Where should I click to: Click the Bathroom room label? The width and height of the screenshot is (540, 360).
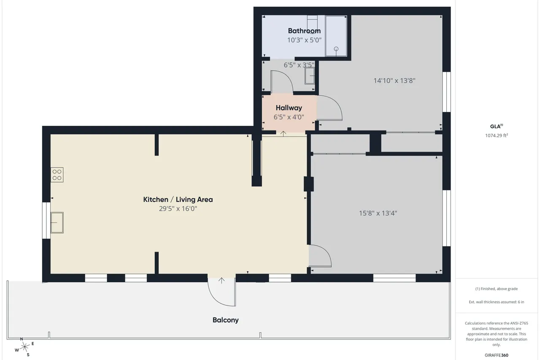tap(304, 31)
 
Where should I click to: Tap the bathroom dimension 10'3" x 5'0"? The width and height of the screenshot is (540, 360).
tap(304, 40)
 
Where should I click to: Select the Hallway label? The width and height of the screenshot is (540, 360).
tap(289, 108)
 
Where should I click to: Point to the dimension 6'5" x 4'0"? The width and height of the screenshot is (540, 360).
tap(289, 117)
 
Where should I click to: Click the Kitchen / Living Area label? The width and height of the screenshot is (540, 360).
tap(178, 199)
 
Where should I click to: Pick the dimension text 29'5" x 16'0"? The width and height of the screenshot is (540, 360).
tap(178, 208)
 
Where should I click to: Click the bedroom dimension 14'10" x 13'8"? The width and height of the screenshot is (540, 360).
tap(394, 81)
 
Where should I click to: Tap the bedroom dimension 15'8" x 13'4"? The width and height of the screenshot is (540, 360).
tap(378, 213)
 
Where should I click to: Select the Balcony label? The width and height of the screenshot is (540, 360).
tap(226, 320)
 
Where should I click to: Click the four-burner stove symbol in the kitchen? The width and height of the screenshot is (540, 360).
tap(57, 175)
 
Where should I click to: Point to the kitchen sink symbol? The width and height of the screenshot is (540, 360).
tap(57, 222)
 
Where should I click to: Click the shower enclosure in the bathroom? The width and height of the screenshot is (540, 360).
tap(336, 36)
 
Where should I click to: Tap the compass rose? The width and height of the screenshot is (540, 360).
tap(24, 347)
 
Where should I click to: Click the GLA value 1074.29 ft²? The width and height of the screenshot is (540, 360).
tap(497, 135)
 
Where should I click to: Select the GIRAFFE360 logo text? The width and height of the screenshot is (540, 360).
tap(497, 355)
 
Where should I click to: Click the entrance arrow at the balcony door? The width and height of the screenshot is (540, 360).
tap(221, 280)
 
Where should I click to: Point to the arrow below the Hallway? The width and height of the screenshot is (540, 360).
tap(283, 134)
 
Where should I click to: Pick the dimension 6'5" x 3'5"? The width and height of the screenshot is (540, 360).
tap(299, 65)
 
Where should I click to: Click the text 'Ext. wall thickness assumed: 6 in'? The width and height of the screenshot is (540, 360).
tap(497, 302)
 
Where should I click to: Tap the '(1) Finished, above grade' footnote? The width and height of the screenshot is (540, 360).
tap(497, 289)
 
